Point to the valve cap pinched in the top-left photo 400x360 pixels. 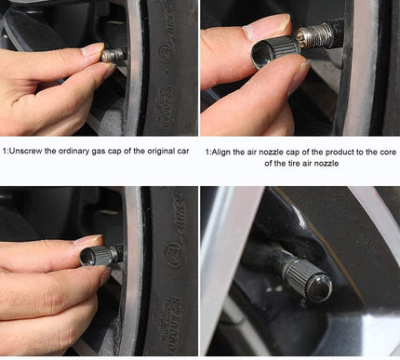114,54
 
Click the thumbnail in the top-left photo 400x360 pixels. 93,49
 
